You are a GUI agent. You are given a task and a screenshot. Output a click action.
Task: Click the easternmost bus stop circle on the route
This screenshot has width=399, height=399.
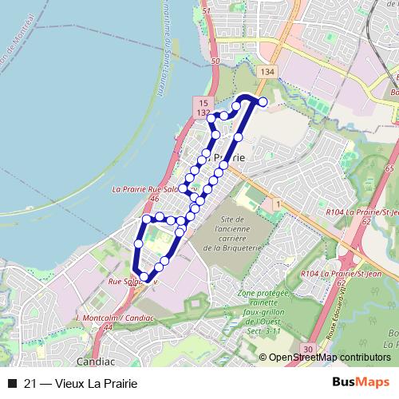pyautogui.click(x=263, y=101)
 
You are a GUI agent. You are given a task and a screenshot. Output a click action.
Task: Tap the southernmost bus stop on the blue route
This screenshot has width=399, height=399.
pyautogui.click(x=144, y=277)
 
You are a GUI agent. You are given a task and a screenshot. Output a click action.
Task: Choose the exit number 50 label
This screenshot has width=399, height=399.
pyautogui.click(x=215, y=61)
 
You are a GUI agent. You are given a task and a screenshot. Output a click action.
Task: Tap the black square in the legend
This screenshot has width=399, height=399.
pyautogui.click(x=11, y=383)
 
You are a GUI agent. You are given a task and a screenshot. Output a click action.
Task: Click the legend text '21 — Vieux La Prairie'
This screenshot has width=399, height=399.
pyautogui.click(x=76, y=383)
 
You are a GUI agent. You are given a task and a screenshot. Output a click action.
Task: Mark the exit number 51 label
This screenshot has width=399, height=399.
pyautogui.click(x=206, y=11)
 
